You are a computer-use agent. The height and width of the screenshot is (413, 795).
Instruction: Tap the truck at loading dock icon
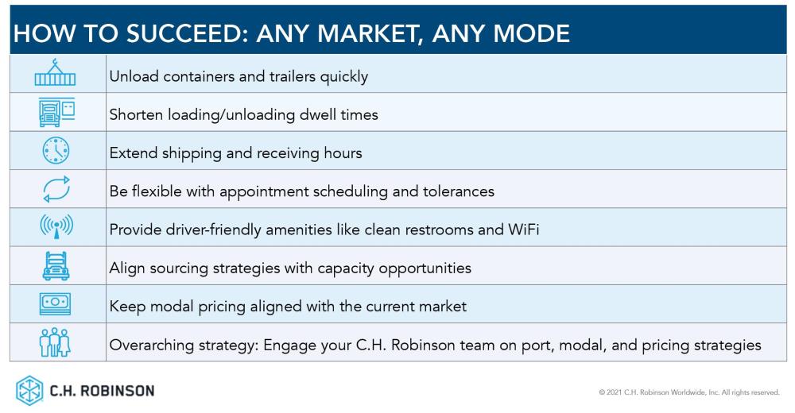point(56,112)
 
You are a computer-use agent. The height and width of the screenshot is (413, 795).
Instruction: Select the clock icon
point(56,150)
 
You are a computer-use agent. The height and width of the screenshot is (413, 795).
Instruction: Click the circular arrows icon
point(56,189)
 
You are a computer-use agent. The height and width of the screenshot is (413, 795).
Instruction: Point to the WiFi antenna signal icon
point(56,226)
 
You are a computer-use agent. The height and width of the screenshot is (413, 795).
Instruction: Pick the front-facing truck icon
point(56,266)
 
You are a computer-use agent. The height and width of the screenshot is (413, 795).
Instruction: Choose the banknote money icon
point(56,303)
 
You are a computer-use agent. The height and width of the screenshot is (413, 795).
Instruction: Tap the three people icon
point(55,342)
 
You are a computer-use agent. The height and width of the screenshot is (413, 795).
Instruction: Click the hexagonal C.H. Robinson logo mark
point(29,391)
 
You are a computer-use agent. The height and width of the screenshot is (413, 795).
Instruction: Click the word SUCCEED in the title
point(185,34)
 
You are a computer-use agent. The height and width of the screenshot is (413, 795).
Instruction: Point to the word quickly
point(343,77)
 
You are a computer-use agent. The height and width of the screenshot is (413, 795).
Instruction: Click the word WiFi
point(523,230)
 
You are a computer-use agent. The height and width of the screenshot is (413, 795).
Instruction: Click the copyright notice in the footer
point(689,392)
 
